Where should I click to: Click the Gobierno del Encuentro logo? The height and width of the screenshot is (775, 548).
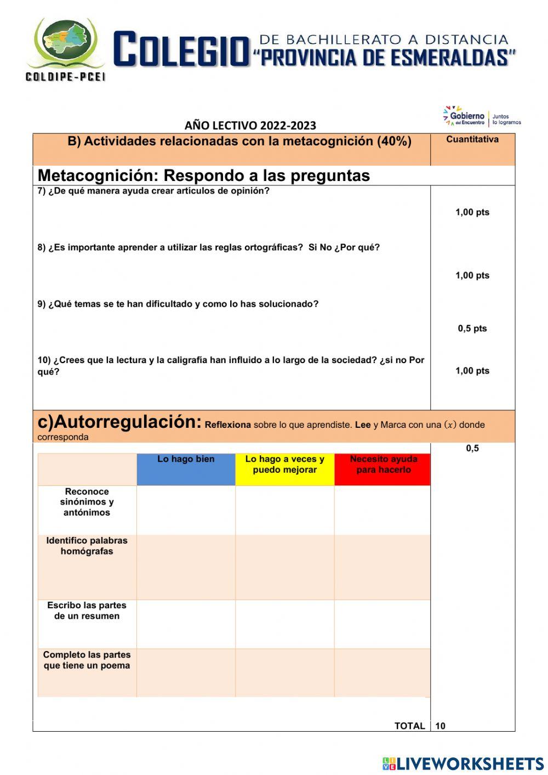point(482,116)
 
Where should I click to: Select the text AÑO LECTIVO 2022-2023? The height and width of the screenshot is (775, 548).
point(250,126)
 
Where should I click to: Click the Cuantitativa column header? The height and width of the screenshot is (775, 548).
point(472,139)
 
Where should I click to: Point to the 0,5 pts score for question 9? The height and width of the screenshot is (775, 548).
point(472,329)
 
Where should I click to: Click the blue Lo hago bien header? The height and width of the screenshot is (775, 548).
point(186,460)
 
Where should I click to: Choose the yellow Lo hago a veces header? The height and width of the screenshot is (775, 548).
point(284,465)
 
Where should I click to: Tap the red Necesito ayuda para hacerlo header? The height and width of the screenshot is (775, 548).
point(383,465)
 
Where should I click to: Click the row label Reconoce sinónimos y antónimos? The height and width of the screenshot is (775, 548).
point(87,502)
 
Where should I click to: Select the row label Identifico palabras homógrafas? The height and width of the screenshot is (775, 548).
point(87,546)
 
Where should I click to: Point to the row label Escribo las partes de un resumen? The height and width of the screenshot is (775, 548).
point(87,610)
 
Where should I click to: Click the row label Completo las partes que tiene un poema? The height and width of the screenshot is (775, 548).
point(87,660)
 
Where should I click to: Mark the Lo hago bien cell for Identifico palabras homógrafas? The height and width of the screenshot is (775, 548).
point(186,567)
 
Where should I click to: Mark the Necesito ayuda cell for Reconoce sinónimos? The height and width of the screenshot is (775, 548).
point(382,510)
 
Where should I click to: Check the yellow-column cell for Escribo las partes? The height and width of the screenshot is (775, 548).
point(284,624)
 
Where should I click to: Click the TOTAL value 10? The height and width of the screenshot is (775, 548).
point(440,726)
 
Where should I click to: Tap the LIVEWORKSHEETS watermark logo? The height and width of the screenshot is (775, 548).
point(463,763)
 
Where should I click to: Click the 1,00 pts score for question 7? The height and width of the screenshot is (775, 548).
point(472,212)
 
